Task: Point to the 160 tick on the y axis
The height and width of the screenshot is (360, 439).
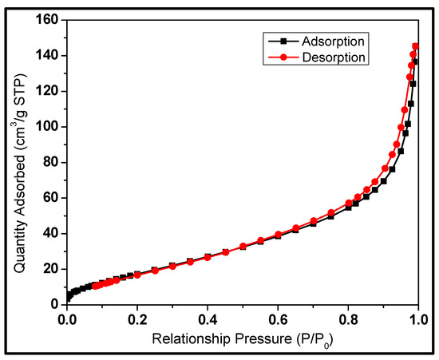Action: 47,20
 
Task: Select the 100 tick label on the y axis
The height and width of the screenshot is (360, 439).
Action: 47,126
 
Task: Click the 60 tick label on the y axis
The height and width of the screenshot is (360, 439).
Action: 50,197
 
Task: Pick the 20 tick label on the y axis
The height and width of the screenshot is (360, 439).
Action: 50,268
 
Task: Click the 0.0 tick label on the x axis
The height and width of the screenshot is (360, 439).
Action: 67,319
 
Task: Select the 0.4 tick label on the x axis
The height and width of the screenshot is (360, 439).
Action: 208,319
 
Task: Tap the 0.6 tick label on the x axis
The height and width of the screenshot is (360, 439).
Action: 278,319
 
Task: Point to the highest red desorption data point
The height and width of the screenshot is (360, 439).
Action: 415,45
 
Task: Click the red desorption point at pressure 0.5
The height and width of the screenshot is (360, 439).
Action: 243,247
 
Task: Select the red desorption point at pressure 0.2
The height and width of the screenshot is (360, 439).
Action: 137,275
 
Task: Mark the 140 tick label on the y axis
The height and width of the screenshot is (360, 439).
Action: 47,55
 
